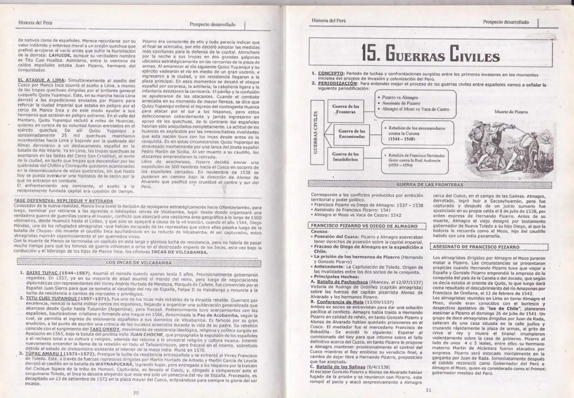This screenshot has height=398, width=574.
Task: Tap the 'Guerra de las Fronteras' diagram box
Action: [345, 109]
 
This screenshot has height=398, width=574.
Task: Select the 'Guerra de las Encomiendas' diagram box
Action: [351, 134]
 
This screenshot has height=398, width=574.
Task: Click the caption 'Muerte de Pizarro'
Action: [511, 112]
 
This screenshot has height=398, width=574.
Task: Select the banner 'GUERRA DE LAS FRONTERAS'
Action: [430, 184]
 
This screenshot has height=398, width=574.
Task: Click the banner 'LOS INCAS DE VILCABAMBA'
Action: [139, 263]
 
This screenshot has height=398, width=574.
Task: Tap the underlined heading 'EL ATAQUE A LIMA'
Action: [41, 80]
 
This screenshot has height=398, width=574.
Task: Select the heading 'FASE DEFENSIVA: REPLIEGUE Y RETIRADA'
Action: [63, 201]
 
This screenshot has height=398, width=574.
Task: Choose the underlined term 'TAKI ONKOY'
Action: [105, 329]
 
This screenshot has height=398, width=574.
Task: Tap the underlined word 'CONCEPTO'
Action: [330, 73]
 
